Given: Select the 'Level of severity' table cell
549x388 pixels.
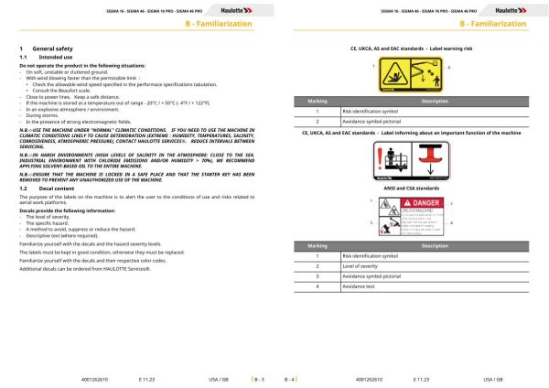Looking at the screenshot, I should click(x=361, y=266).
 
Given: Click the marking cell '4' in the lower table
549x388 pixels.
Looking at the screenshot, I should click(x=316, y=288).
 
